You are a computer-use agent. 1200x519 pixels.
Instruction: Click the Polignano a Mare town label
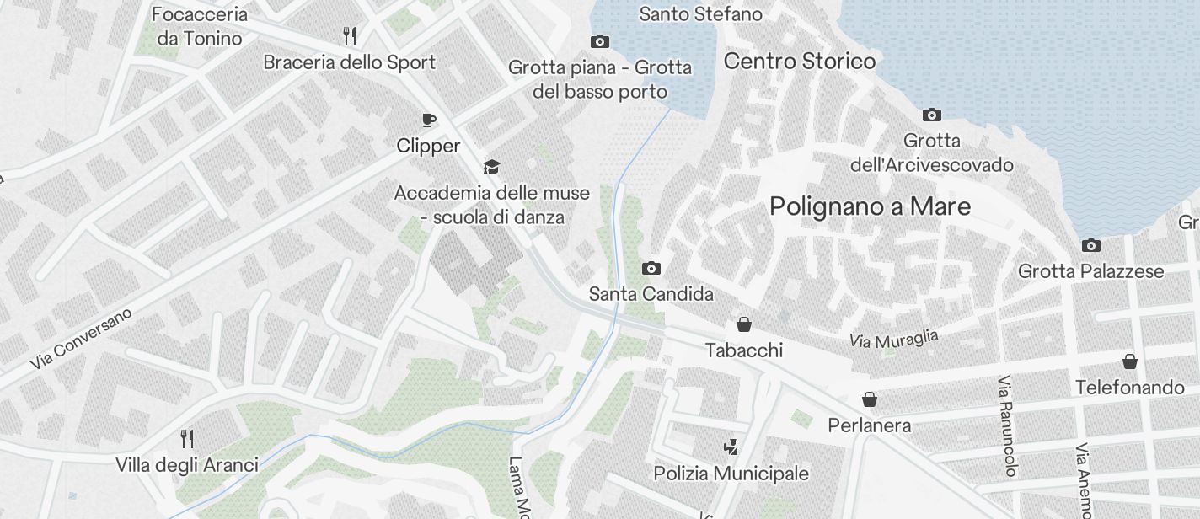click(x=870, y=206)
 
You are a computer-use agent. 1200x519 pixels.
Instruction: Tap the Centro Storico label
click(x=799, y=62)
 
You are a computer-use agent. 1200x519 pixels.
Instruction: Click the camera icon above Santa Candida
click(x=651, y=269)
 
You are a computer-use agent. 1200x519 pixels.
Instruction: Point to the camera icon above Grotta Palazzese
click(x=1090, y=246)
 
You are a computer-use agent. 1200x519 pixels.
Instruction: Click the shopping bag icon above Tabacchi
click(x=744, y=324)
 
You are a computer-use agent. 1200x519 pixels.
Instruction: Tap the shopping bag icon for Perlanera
click(x=869, y=399)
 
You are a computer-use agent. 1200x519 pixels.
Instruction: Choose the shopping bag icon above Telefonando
click(x=1129, y=362)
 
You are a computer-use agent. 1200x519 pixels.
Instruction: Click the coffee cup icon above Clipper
click(x=428, y=120)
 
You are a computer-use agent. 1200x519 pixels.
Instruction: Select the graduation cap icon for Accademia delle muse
click(x=491, y=167)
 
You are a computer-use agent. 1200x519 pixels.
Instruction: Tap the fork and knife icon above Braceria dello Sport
click(x=350, y=35)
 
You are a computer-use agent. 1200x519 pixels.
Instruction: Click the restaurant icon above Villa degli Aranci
click(x=187, y=439)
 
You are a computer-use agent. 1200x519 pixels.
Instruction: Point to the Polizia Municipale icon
click(x=731, y=447)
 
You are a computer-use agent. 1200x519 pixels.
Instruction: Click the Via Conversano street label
click(x=82, y=339)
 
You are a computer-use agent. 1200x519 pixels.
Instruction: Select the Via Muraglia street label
click(x=893, y=340)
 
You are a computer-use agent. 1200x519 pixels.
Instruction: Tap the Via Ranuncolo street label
click(x=1007, y=426)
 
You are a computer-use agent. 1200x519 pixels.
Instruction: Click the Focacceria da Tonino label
click(x=200, y=26)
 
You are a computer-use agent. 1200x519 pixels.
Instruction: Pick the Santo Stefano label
click(x=700, y=14)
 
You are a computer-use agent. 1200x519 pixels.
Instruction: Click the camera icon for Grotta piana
click(x=599, y=42)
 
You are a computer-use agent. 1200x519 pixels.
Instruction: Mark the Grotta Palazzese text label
click(x=1090, y=271)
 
